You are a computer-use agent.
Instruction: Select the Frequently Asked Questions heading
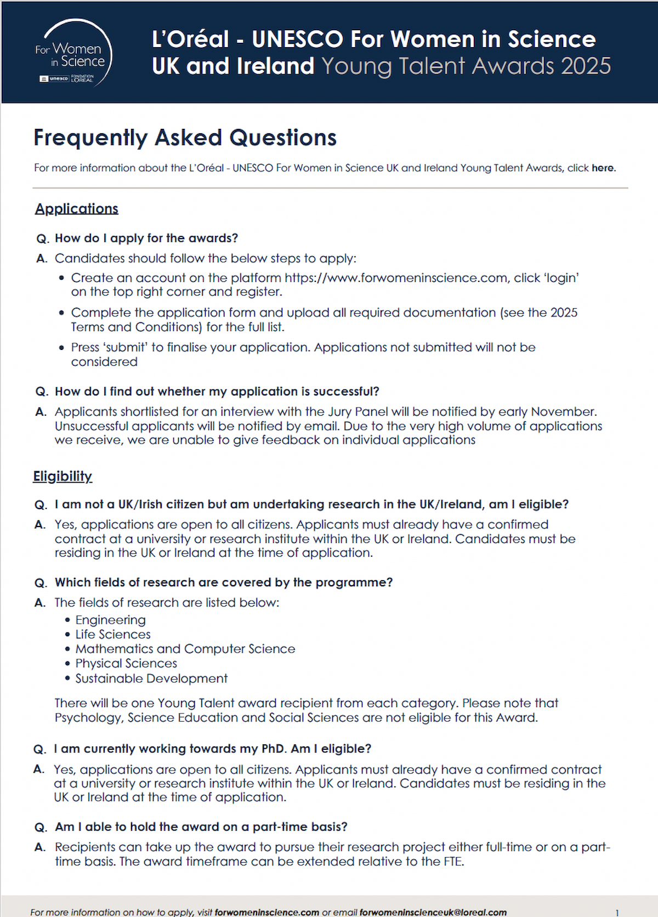point(185,138)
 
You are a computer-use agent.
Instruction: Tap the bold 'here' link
point(603,168)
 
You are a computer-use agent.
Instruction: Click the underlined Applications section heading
point(77,209)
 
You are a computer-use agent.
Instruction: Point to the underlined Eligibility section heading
point(63,476)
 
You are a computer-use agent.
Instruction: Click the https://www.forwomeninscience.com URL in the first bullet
point(395,278)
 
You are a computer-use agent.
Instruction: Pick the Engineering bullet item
point(110,620)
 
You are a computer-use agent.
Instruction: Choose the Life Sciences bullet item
point(113,635)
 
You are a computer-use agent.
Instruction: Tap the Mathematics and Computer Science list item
point(185,649)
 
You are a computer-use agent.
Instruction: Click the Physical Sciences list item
point(126,664)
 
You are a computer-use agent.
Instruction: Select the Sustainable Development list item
point(151,678)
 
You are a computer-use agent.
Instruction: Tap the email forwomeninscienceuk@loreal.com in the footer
point(433,912)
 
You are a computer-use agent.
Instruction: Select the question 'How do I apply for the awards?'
point(146,239)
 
